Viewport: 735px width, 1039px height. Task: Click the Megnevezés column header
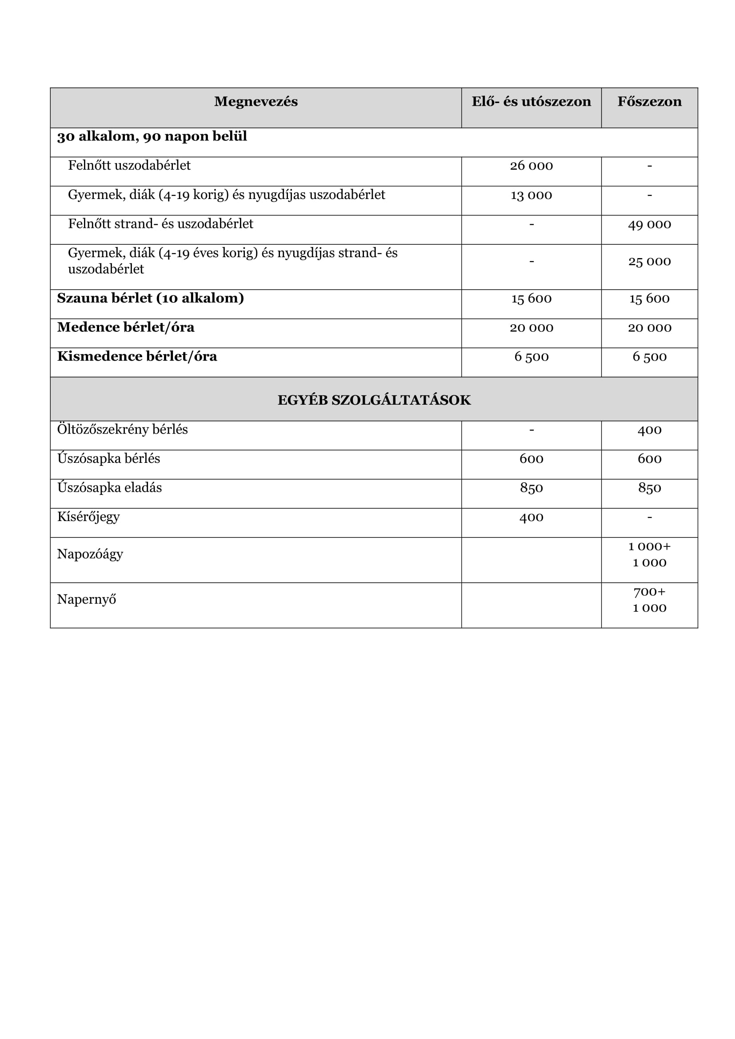[x=256, y=102]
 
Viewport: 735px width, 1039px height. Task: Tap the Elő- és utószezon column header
[x=531, y=102]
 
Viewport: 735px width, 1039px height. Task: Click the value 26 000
[x=531, y=166]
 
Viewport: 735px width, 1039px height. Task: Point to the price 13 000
[x=531, y=195]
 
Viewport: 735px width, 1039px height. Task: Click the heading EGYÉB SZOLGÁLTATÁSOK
[x=374, y=400]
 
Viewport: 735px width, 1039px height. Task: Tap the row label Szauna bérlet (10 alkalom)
[x=150, y=298]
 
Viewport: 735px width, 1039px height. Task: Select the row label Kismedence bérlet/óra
[x=137, y=357]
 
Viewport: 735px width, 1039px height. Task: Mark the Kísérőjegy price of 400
[x=531, y=517]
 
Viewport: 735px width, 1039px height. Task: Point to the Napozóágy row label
[x=90, y=554]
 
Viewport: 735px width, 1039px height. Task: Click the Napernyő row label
[x=86, y=600]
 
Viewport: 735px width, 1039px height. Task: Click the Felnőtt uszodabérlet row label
[x=129, y=166]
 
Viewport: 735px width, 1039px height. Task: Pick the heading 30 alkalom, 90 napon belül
[x=152, y=136]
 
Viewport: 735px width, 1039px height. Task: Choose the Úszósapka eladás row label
[x=109, y=488]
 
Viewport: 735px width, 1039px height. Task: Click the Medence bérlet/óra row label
[x=125, y=327]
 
